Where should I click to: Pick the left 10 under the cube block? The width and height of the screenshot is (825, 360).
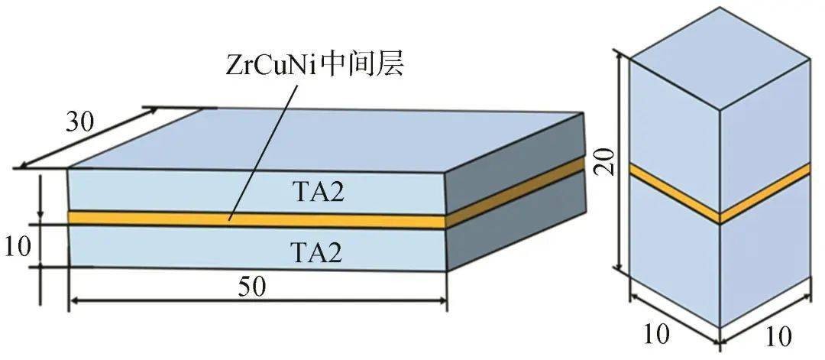pos(657,334)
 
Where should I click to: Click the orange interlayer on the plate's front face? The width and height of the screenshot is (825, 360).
pos(153,219)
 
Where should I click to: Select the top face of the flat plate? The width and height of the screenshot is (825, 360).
pos(321,138)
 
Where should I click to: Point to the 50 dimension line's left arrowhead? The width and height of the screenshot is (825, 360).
pos(75,302)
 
